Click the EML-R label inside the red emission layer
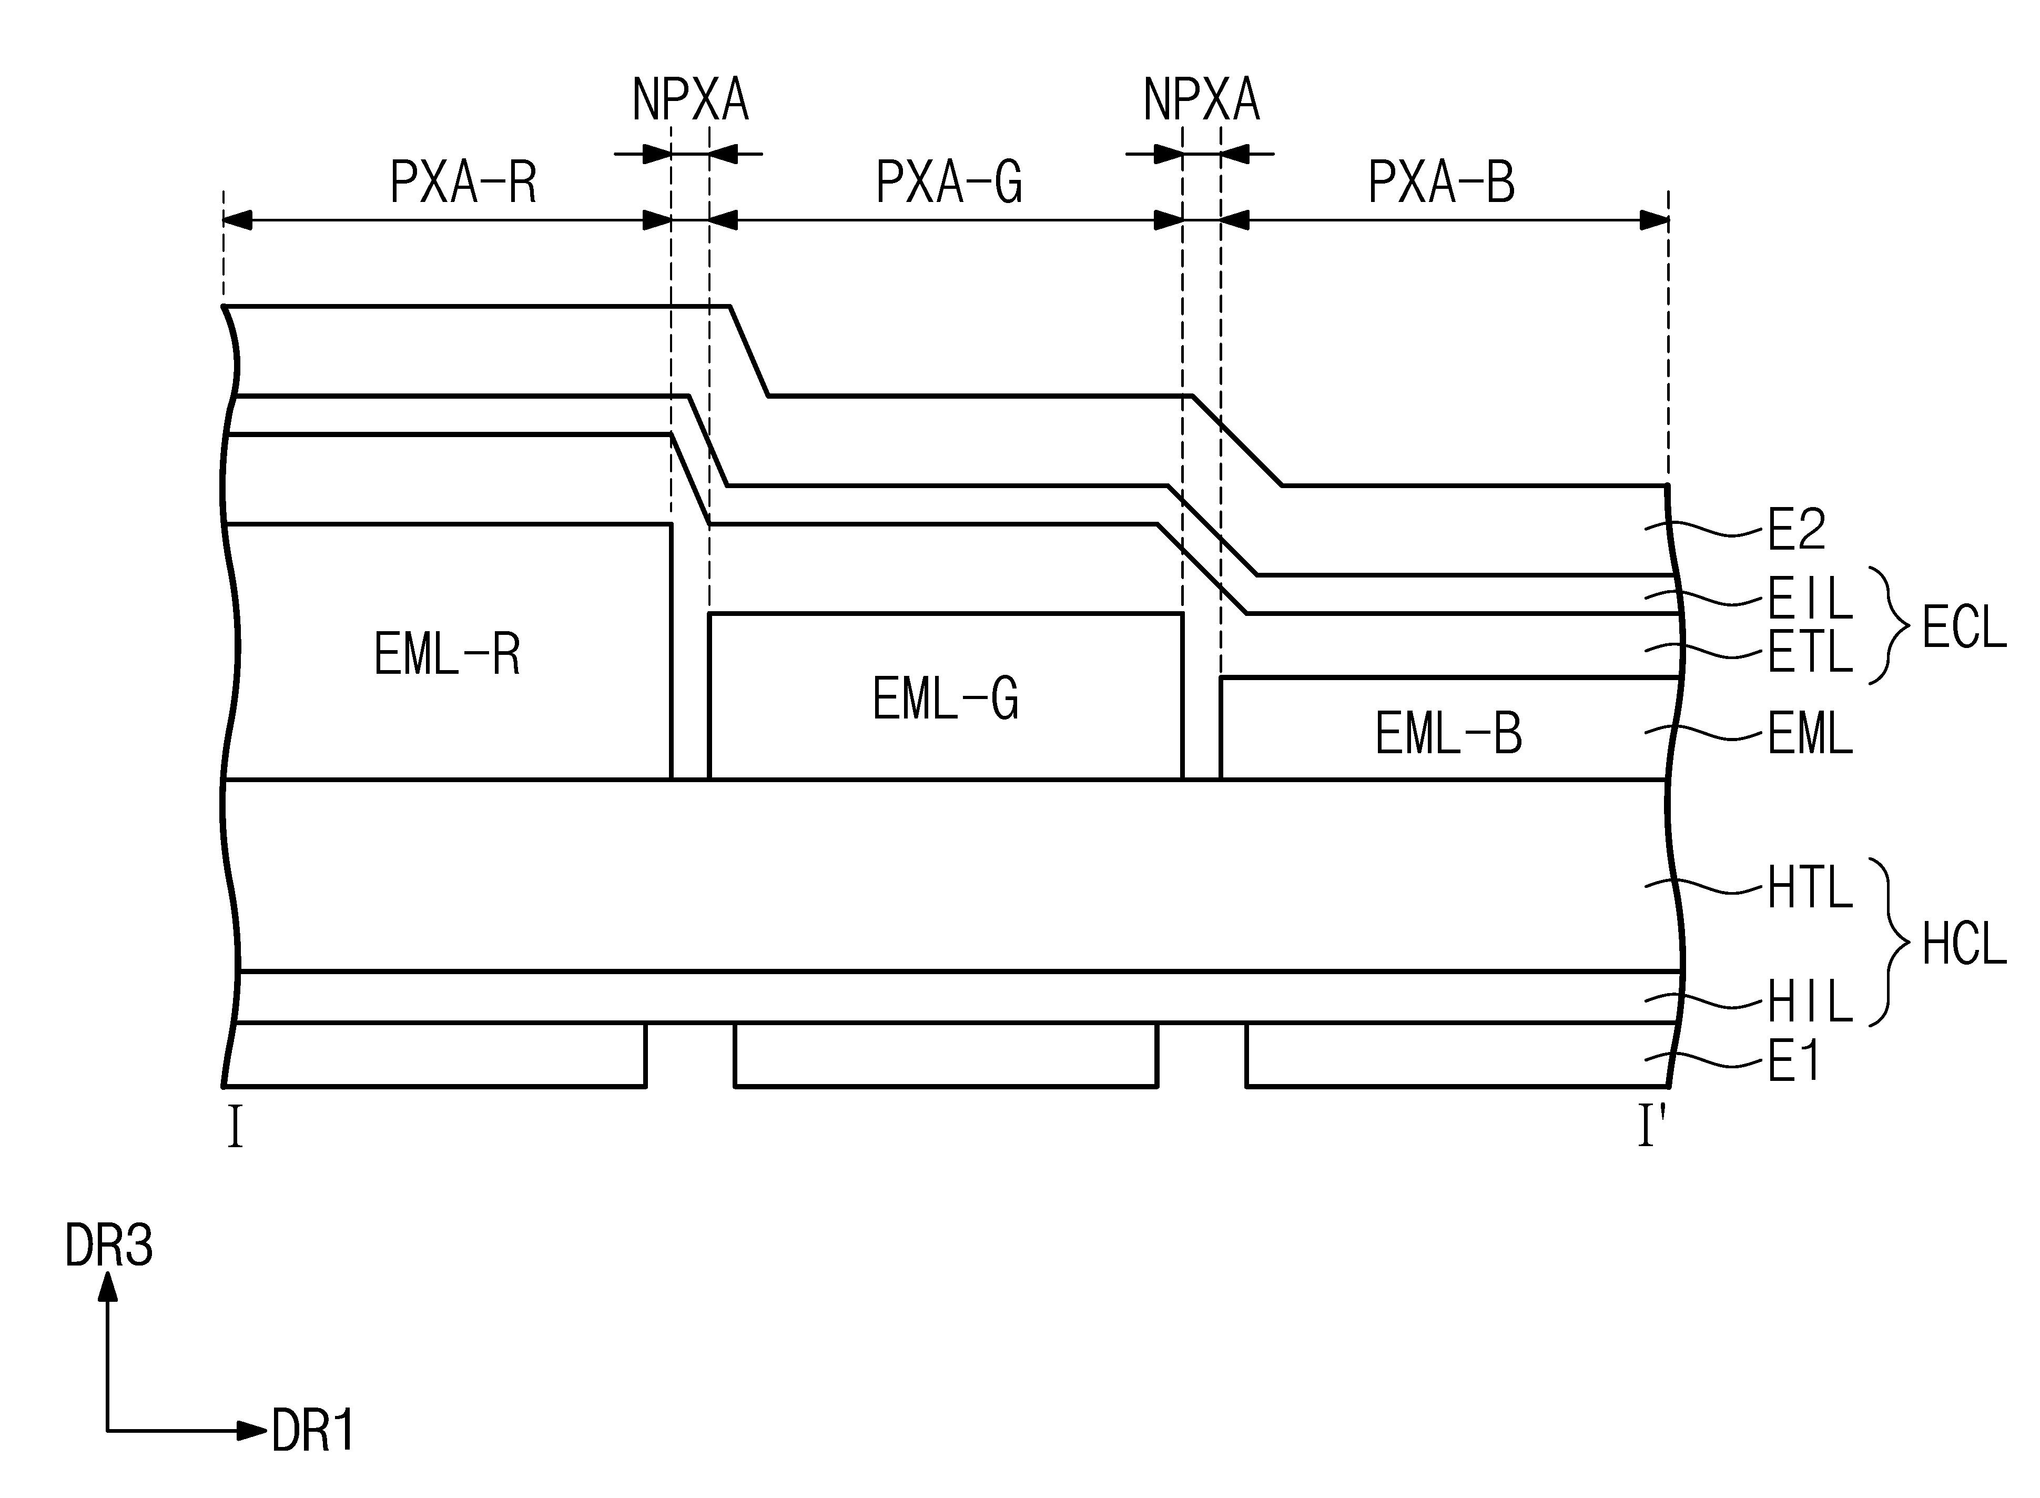[447, 655]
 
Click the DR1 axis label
[313, 1433]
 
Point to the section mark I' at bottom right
[1651, 1128]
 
